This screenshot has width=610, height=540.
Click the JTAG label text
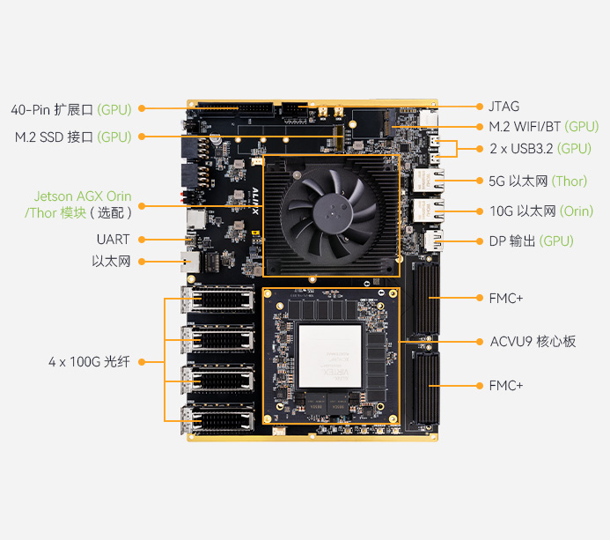point(503,107)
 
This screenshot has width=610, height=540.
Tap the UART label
point(113,240)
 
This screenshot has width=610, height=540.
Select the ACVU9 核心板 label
point(533,342)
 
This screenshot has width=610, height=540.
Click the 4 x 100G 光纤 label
point(89,362)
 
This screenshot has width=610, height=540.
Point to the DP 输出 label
point(531,241)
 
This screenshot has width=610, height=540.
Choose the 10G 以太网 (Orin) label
point(541,211)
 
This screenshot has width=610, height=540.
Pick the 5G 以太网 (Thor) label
point(538,181)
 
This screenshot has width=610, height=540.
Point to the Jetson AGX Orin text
point(83,196)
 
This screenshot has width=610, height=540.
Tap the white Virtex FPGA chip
point(330,356)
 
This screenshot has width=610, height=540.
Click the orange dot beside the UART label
point(142,240)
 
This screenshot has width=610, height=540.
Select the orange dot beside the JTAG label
point(480,107)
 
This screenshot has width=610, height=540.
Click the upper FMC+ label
point(506,299)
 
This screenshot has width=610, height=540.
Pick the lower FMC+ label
point(506,386)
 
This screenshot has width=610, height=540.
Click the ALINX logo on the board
point(254,201)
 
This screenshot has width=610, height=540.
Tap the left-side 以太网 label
point(111,262)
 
